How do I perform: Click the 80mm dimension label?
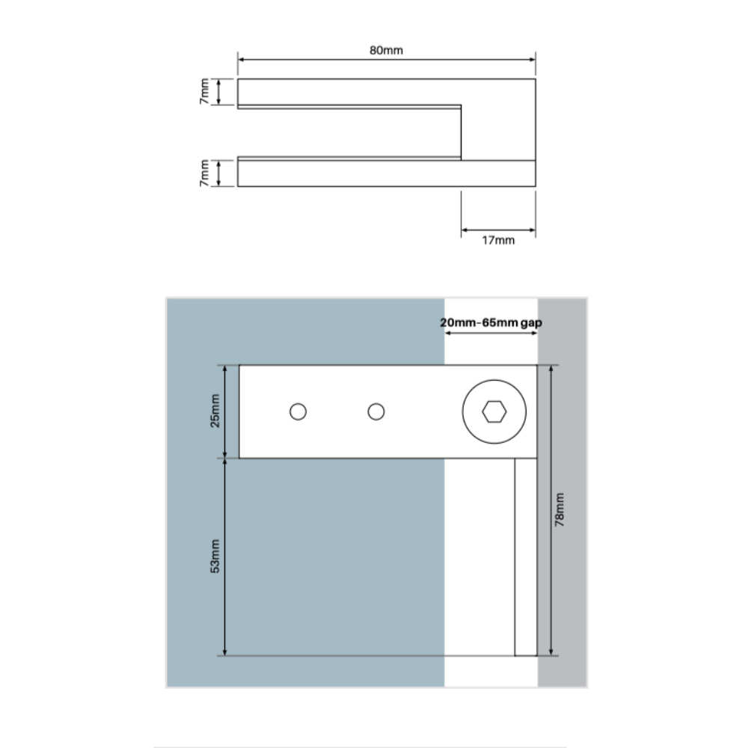click(386, 50)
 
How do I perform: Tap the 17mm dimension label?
click(498, 240)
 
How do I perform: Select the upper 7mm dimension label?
click(204, 91)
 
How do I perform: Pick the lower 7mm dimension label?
click(204, 174)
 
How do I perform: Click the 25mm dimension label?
click(215, 411)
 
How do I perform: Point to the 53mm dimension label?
click(215, 557)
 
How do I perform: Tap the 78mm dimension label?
click(560, 510)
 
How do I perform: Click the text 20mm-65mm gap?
click(491, 322)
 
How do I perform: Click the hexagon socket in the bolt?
click(494, 411)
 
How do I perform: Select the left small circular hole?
click(298, 411)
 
